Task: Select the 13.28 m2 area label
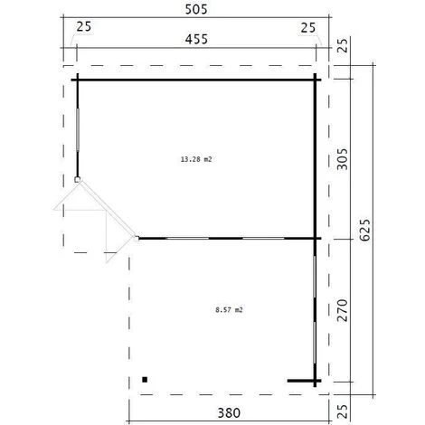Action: pyautogui.click(x=196, y=158)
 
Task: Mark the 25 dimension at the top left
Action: pyautogui.click(x=85, y=28)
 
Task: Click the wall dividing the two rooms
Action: pyautogui.click(x=226, y=239)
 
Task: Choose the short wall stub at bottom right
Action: pyautogui.click(x=303, y=382)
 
